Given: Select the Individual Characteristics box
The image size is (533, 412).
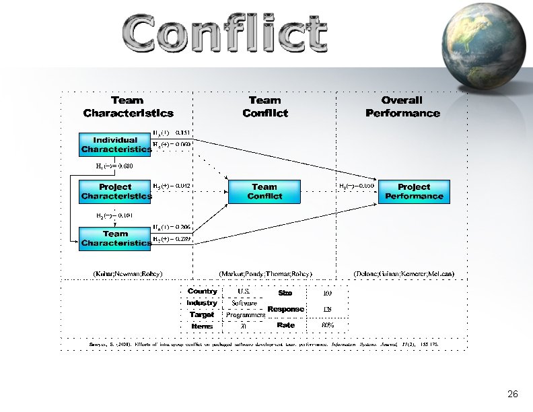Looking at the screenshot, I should click(x=115, y=145).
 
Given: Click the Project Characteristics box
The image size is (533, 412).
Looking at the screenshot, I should click(x=115, y=191).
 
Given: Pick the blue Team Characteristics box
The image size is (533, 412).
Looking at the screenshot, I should click(x=115, y=238).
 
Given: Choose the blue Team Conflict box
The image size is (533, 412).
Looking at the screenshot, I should click(x=264, y=191).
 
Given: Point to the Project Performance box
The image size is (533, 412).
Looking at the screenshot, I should click(x=414, y=191).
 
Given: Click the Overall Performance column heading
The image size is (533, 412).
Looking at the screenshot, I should click(x=402, y=106).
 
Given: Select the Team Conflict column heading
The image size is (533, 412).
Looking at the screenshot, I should click(x=264, y=106).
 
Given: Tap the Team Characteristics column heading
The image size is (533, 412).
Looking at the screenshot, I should click(x=128, y=106).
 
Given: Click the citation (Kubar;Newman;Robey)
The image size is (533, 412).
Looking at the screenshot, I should click(x=127, y=273).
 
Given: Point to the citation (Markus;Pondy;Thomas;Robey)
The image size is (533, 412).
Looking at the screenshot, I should click(x=266, y=273).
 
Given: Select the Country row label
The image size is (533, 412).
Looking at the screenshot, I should click(x=202, y=291).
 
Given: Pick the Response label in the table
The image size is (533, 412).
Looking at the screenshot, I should click(x=285, y=309).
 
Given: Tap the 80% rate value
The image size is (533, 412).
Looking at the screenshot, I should click(x=328, y=325).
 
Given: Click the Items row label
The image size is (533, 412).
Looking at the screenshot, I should click(x=202, y=326).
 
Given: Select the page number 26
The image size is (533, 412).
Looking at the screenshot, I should click(x=512, y=394).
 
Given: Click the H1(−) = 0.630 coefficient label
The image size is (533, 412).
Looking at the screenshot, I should click(x=115, y=166).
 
